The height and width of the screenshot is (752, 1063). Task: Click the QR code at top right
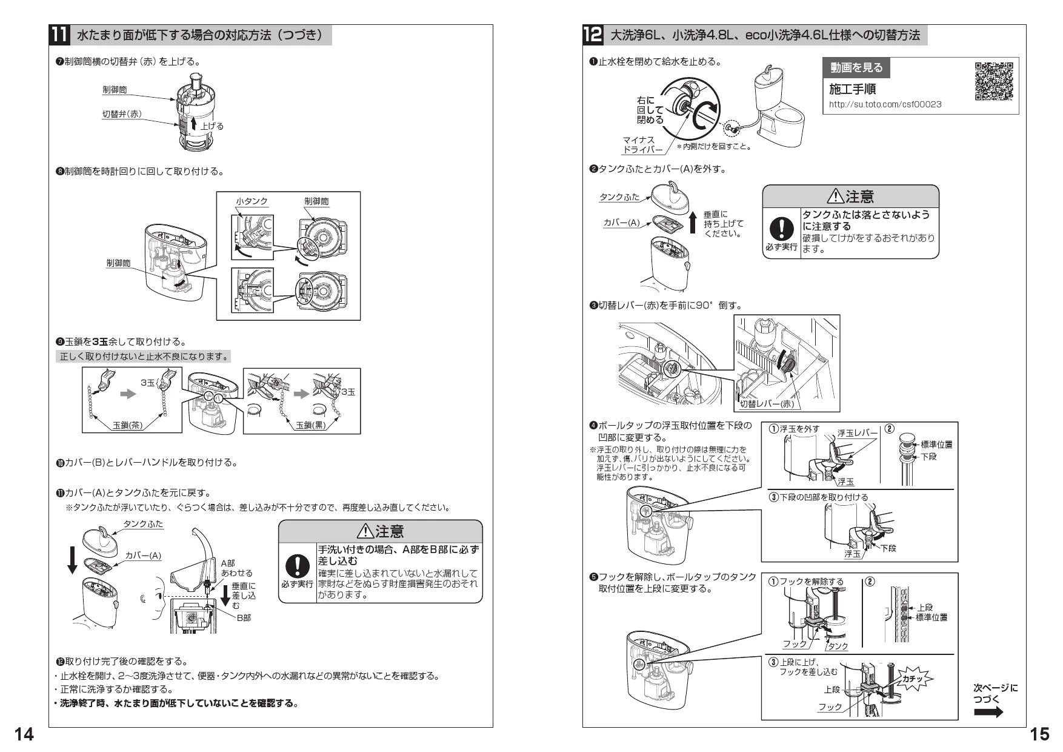[x=993, y=81]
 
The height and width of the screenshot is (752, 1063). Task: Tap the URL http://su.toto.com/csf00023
[x=885, y=104]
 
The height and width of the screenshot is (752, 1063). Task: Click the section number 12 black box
[x=593, y=35]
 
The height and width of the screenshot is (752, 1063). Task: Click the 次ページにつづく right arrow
[x=988, y=712]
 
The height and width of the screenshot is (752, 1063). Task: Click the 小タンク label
[x=252, y=201]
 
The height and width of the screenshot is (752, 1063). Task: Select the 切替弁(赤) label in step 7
[x=121, y=114]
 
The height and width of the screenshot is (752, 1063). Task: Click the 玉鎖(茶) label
[x=128, y=425]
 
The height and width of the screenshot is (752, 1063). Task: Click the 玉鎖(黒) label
[x=310, y=425]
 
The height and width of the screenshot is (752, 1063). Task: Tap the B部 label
[x=244, y=617]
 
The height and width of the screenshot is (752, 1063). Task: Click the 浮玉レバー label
[x=857, y=432]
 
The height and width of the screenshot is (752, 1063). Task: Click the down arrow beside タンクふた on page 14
[x=72, y=559]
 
